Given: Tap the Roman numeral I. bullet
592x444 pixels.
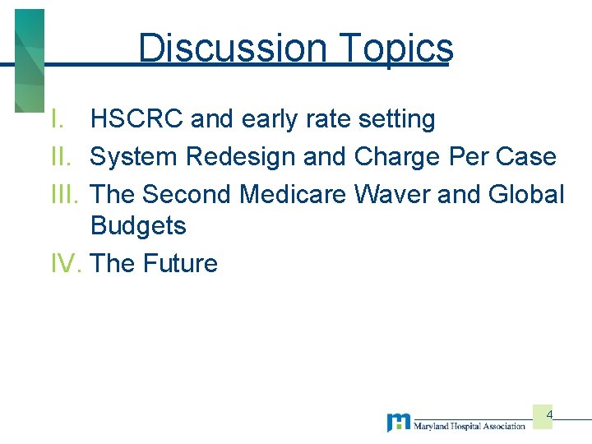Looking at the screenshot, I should coord(57,119).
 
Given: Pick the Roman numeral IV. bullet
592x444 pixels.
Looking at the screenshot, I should coord(67,264).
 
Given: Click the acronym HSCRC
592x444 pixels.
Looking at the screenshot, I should coord(136,119).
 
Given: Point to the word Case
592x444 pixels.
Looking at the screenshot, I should coord(525,156).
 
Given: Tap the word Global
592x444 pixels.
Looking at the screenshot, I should coord(526,194).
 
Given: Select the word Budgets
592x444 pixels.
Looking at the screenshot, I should coord(138,225).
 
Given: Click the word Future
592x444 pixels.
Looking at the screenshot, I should coord(179,264).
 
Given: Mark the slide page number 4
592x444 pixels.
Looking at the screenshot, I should coord(549,414).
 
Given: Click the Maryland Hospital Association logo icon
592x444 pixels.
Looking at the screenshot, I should coord(398,423).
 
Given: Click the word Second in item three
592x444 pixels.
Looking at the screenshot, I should coord(187,194).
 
